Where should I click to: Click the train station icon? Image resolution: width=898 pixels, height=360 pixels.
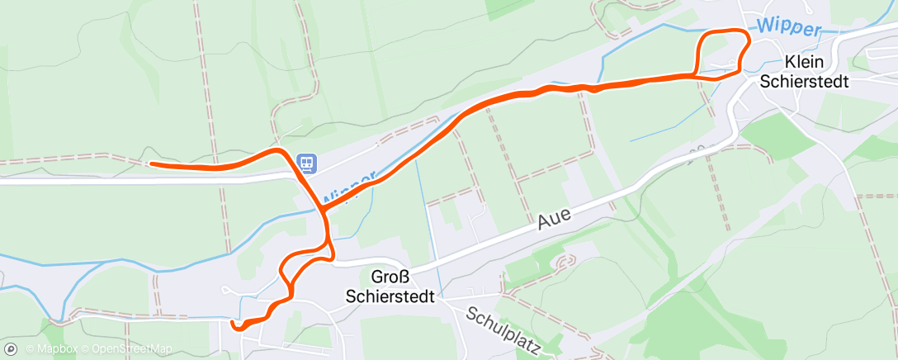tap(307, 161)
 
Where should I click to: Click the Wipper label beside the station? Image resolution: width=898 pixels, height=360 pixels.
tap(351, 189)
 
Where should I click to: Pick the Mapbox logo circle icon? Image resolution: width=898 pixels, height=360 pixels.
tap(11, 349)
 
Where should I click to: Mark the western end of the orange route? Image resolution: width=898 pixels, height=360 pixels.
tap(151, 163)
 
